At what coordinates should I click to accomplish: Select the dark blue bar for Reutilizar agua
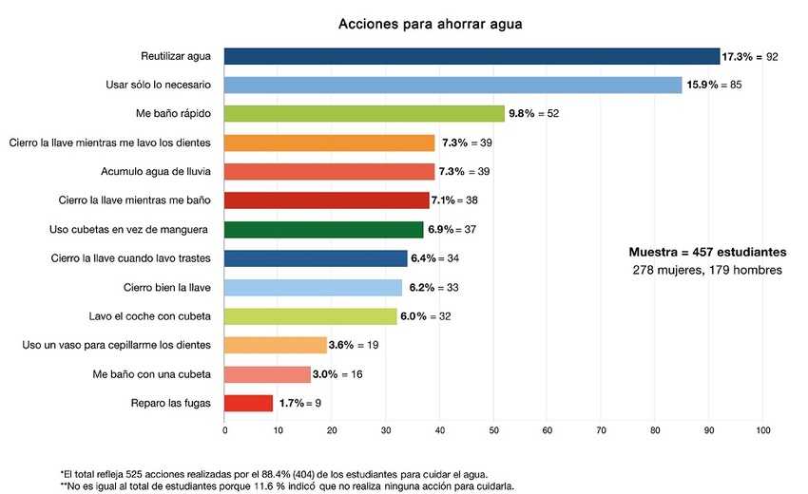tap(471, 57)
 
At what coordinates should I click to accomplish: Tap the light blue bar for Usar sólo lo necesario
tap(452, 85)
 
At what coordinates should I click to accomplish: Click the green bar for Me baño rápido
tap(364, 114)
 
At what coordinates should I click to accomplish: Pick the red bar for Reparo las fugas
tap(248, 403)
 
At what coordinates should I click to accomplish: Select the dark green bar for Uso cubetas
tap(323, 230)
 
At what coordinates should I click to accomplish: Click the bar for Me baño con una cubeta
tap(267, 374)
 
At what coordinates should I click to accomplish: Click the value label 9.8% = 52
tap(534, 114)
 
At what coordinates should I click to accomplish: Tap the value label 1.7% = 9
tap(299, 404)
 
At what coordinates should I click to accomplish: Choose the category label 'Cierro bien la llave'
tap(167, 288)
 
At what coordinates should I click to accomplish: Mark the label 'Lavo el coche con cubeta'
tap(149, 316)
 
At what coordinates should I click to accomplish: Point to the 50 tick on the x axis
tap(493, 431)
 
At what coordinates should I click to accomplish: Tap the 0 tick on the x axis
tap(224, 431)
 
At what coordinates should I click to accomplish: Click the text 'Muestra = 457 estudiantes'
tap(707, 252)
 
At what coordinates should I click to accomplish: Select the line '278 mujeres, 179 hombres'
tap(707, 271)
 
